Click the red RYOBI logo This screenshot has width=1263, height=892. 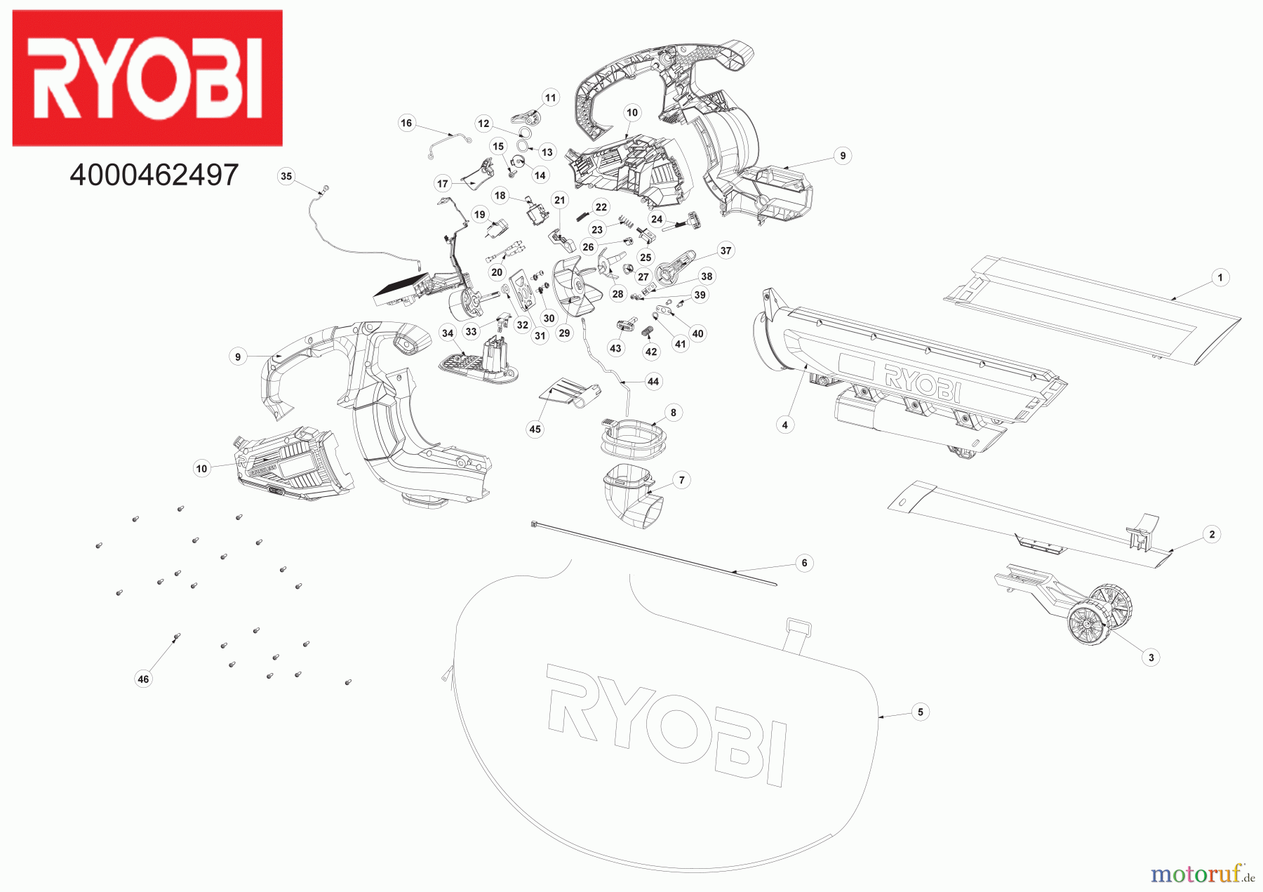click(x=147, y=78)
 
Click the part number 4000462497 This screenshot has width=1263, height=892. click(x=154, y=175)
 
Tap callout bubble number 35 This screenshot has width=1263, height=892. click(x=286, y=176)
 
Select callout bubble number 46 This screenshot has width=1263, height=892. click(x=143, y=679)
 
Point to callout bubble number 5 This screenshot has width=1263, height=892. click(x=921, y=712)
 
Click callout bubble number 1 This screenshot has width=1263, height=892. click(x=1219, y=277)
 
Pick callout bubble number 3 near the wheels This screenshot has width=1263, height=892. click(x=1151, y=658)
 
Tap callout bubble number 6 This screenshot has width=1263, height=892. click(x=804, y=563)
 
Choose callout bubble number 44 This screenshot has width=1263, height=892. click(x=653, y=382)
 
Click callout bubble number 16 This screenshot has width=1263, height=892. click(x=406, y=123)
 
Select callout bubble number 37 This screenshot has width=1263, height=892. click(x=726, y=251)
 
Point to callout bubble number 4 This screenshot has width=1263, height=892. click(x=784, y=425)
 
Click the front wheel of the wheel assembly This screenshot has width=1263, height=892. click(x=1086, y=624)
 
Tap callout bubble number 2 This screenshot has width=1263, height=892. click(x=1212, y=534)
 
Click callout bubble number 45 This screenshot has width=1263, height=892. click(x=535, y=429)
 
